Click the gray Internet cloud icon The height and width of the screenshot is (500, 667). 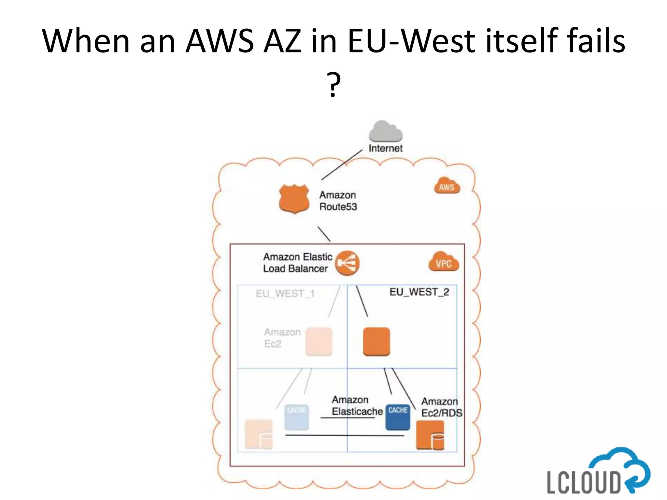(385, 131)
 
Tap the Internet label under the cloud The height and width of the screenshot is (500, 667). (385, 148)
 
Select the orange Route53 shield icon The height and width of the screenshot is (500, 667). (294, 199)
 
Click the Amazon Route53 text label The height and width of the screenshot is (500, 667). (338, 201)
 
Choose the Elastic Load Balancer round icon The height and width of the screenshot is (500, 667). (348, 263)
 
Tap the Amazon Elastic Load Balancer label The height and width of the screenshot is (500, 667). (297, 263)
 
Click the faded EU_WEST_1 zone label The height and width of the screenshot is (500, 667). (285, 294)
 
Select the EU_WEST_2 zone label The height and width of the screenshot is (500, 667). (419, 292)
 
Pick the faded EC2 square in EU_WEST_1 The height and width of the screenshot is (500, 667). (319, 341)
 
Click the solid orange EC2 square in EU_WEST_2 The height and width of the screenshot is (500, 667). (376, 341)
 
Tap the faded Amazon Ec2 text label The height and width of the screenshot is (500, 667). (282, 338)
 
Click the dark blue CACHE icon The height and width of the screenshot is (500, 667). (398, 417)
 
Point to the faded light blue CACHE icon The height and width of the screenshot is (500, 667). (296, 417)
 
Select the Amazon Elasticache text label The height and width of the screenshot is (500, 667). (357, 406)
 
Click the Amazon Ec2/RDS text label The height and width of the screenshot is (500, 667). (441, 407)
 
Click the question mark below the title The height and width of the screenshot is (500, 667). (334, 84)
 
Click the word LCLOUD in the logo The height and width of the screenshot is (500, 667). (584, 482)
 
